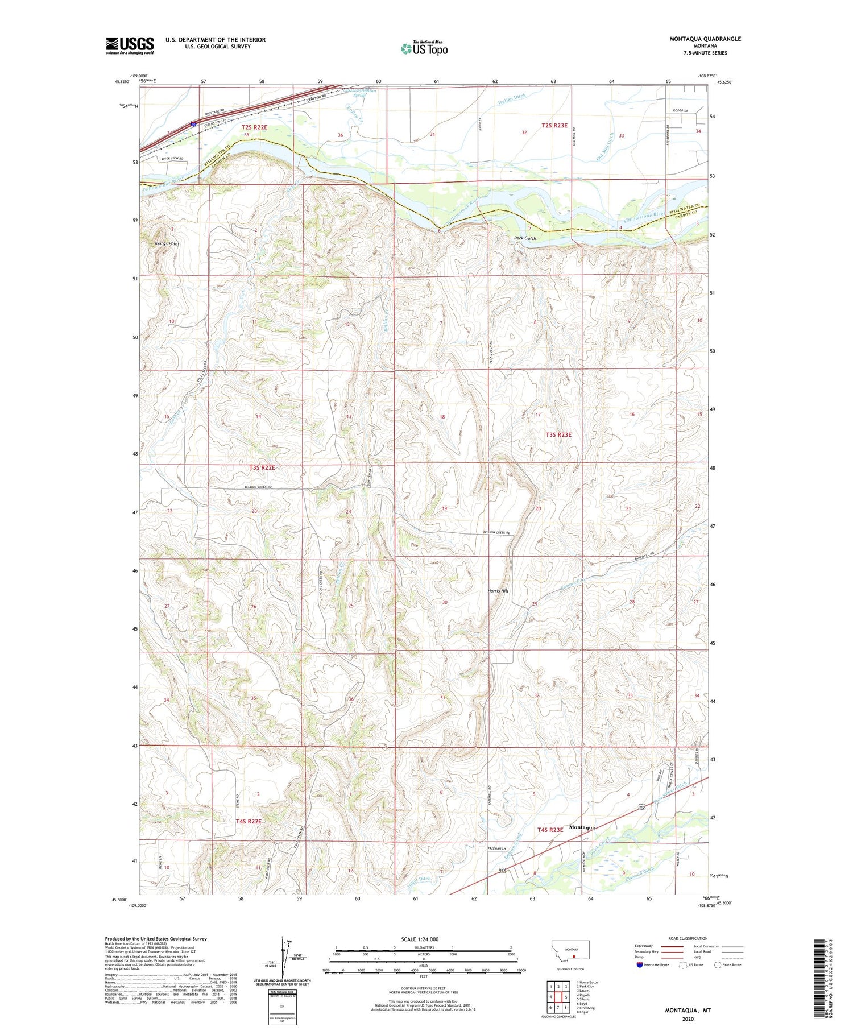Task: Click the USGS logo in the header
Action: tap(130, 45)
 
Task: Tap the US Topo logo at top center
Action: tap(424, 49)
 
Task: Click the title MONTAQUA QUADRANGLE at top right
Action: tap(705, 39)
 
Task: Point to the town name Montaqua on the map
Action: tap(582, 827)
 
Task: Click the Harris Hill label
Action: tap(498, 591)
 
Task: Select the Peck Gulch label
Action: tap(525, 238)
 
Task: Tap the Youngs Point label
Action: tap(167, 243)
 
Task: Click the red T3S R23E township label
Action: tap(558, 434)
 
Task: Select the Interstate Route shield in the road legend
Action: tap(640, 965)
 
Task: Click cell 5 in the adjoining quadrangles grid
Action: tap(566, 997)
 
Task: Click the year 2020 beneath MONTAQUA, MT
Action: tap(688, 1019)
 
